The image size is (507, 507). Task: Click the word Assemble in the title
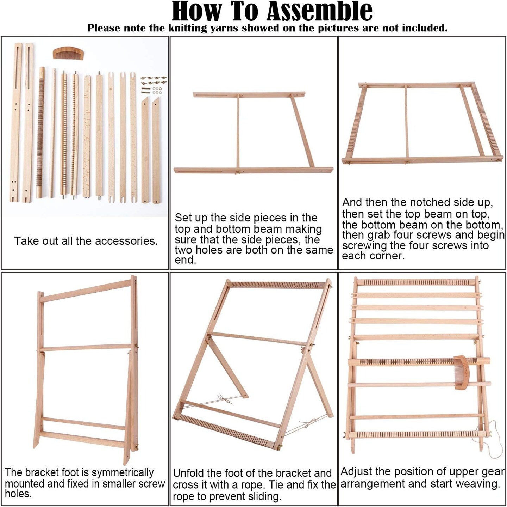tap(319, 11)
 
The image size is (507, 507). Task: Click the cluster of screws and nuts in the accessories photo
tap(153, 85)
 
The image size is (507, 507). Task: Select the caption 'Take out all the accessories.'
tap(86, 241)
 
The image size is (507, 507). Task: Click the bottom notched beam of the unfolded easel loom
tap(225, 432)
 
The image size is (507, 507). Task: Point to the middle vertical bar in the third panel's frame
tap(407, 122)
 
